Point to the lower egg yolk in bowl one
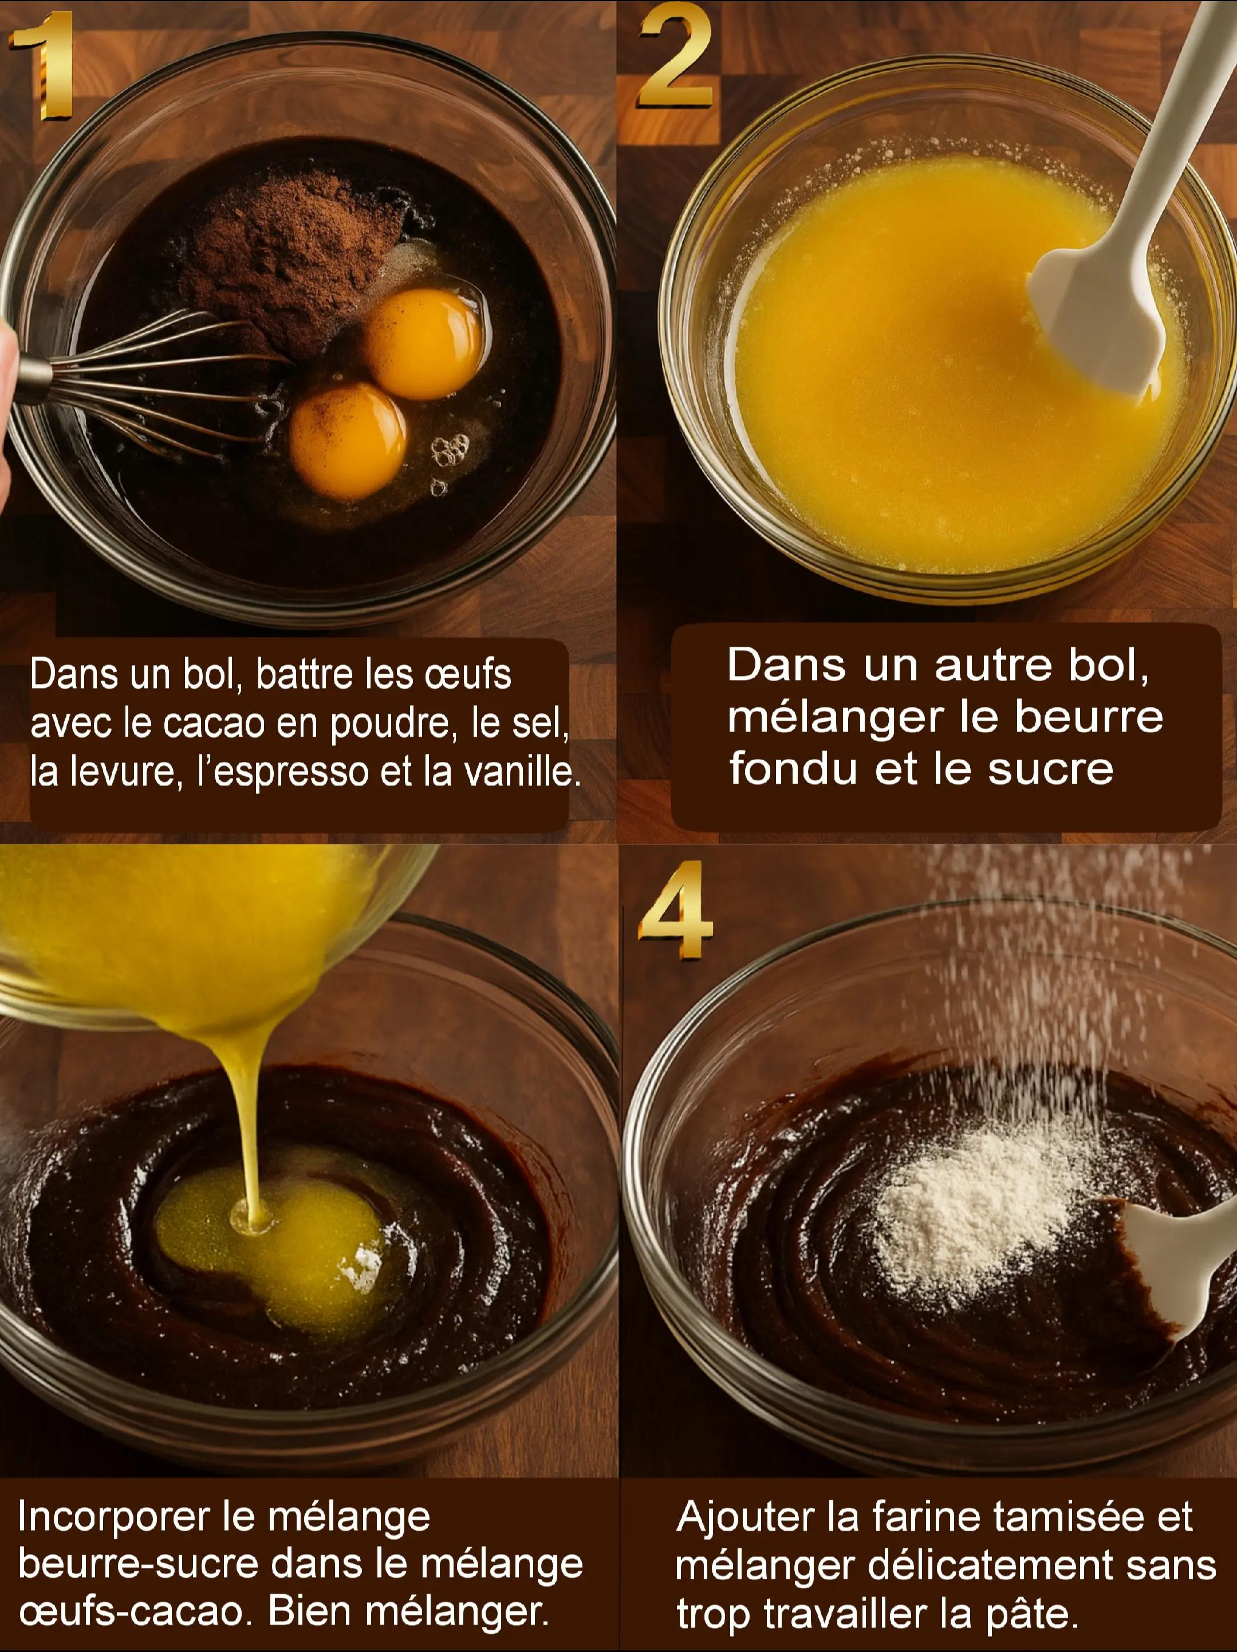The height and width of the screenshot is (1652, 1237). tap(348, 440)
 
